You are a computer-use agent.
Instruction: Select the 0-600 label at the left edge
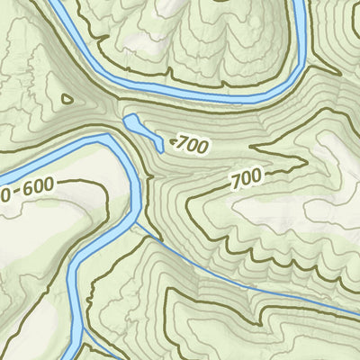27,188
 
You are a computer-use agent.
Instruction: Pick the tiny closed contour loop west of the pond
65,100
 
